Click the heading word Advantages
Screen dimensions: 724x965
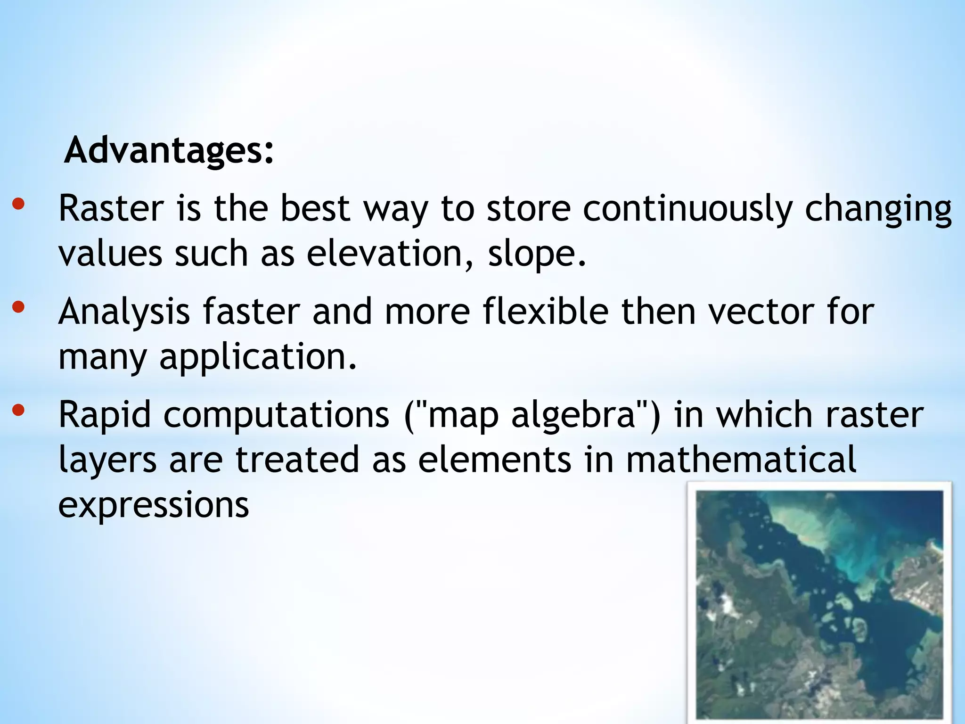(168, 151)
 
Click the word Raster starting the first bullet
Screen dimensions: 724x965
(111, 208)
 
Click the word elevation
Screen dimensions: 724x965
(384, 254)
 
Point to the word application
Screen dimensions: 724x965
(257, 357)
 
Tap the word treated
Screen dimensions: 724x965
(297, 460)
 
